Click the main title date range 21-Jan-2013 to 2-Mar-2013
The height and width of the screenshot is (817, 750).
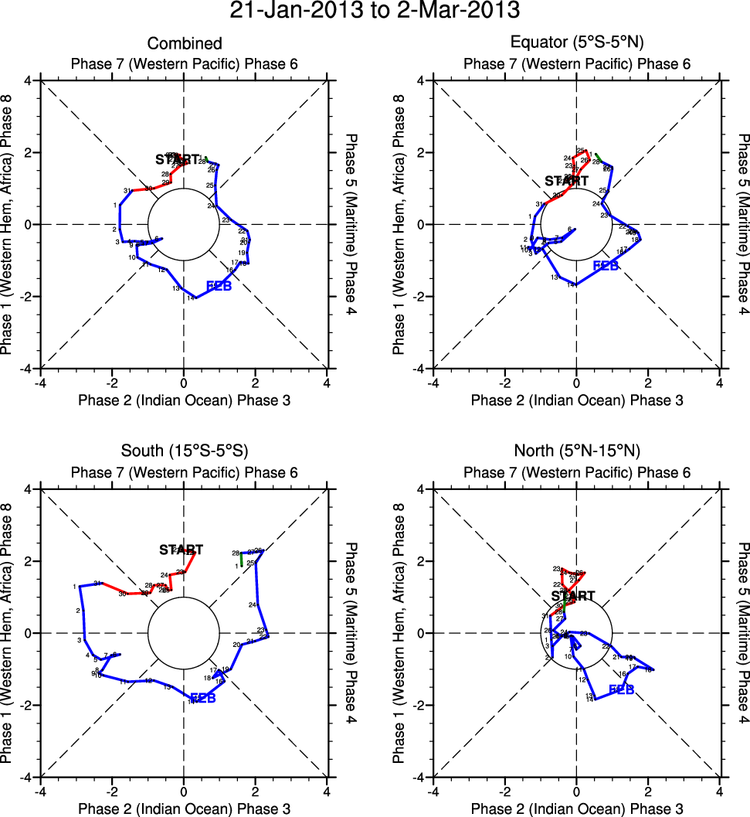(x=375, y=11)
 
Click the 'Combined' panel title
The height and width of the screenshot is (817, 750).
(x=185, y=43)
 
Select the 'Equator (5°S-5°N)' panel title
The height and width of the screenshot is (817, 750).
(x=577, y=43)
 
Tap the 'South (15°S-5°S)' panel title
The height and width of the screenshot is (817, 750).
(x=185, y=451)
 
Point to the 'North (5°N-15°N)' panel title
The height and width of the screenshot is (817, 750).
(x=577, y=451)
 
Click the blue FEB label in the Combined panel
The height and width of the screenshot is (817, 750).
(x=219, y=287)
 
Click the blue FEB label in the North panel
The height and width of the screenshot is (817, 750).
(x=622, y=689)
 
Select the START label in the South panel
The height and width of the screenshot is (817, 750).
(x=181, y=550)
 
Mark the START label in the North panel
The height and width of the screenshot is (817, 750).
(x=573, y=596)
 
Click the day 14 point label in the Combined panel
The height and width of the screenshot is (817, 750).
(x=190, y=298)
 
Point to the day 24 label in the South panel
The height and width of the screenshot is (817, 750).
(x=253, y=604)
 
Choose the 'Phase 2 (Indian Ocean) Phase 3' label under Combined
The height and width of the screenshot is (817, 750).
(x=185, y=400)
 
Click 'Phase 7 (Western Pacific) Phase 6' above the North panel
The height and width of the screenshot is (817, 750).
(x=577, y=472)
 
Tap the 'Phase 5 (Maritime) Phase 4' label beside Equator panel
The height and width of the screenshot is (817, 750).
(x=743, y=224)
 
